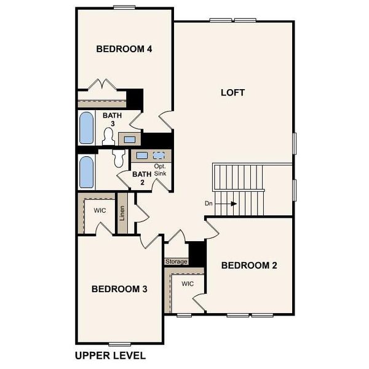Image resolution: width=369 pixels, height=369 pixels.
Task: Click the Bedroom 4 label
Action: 124,49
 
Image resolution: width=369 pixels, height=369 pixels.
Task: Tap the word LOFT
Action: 232,93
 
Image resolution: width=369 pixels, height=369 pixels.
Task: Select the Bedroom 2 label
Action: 248,266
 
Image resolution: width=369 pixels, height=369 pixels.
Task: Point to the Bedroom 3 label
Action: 119,289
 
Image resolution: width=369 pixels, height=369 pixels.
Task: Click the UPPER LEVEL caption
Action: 110,355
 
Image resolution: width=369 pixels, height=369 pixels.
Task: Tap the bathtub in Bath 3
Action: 86,128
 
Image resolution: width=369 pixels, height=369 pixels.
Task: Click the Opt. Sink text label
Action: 160,170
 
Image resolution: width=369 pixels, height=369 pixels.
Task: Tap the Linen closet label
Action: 122,213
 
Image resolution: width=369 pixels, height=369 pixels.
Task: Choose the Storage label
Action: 176,261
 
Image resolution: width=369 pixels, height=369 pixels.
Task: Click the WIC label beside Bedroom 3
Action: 100,210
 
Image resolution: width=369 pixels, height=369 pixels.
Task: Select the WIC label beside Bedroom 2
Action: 188,284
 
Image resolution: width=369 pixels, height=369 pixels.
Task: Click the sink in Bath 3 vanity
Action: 130,140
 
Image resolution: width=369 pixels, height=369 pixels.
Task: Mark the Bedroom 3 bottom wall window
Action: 118,343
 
